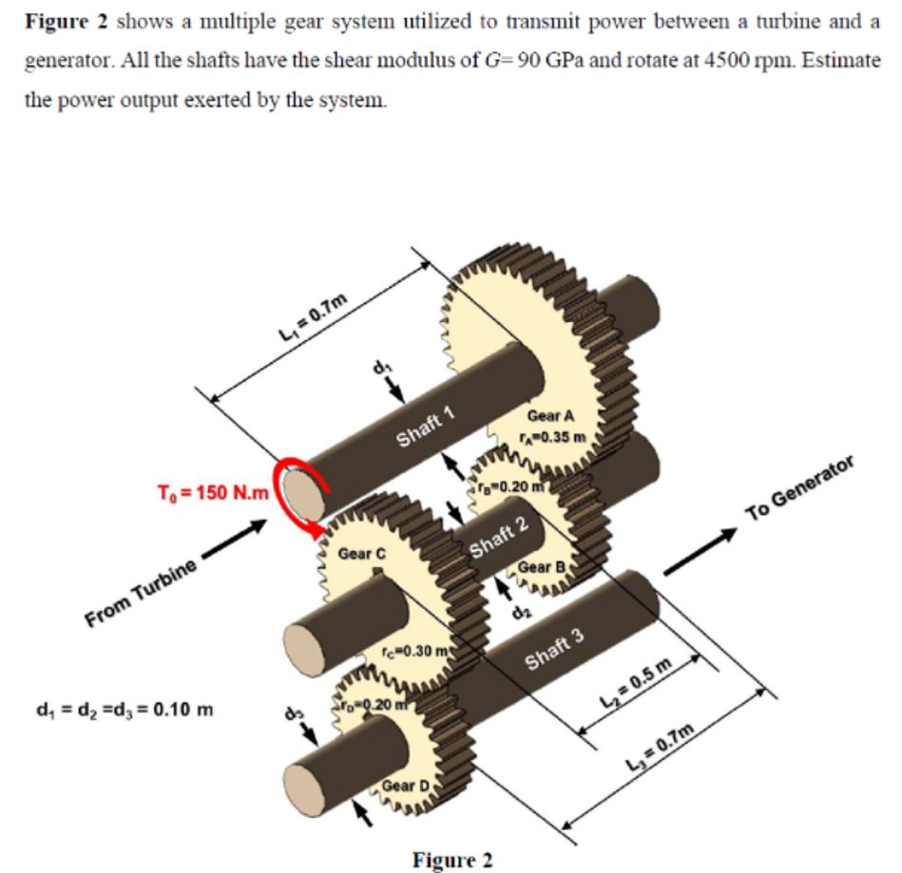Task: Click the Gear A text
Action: point(550,415)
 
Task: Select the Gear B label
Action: point(542,568)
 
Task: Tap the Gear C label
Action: point(363,553)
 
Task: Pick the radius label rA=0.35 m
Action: point(556,437)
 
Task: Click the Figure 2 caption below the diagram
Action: point(452,860)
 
